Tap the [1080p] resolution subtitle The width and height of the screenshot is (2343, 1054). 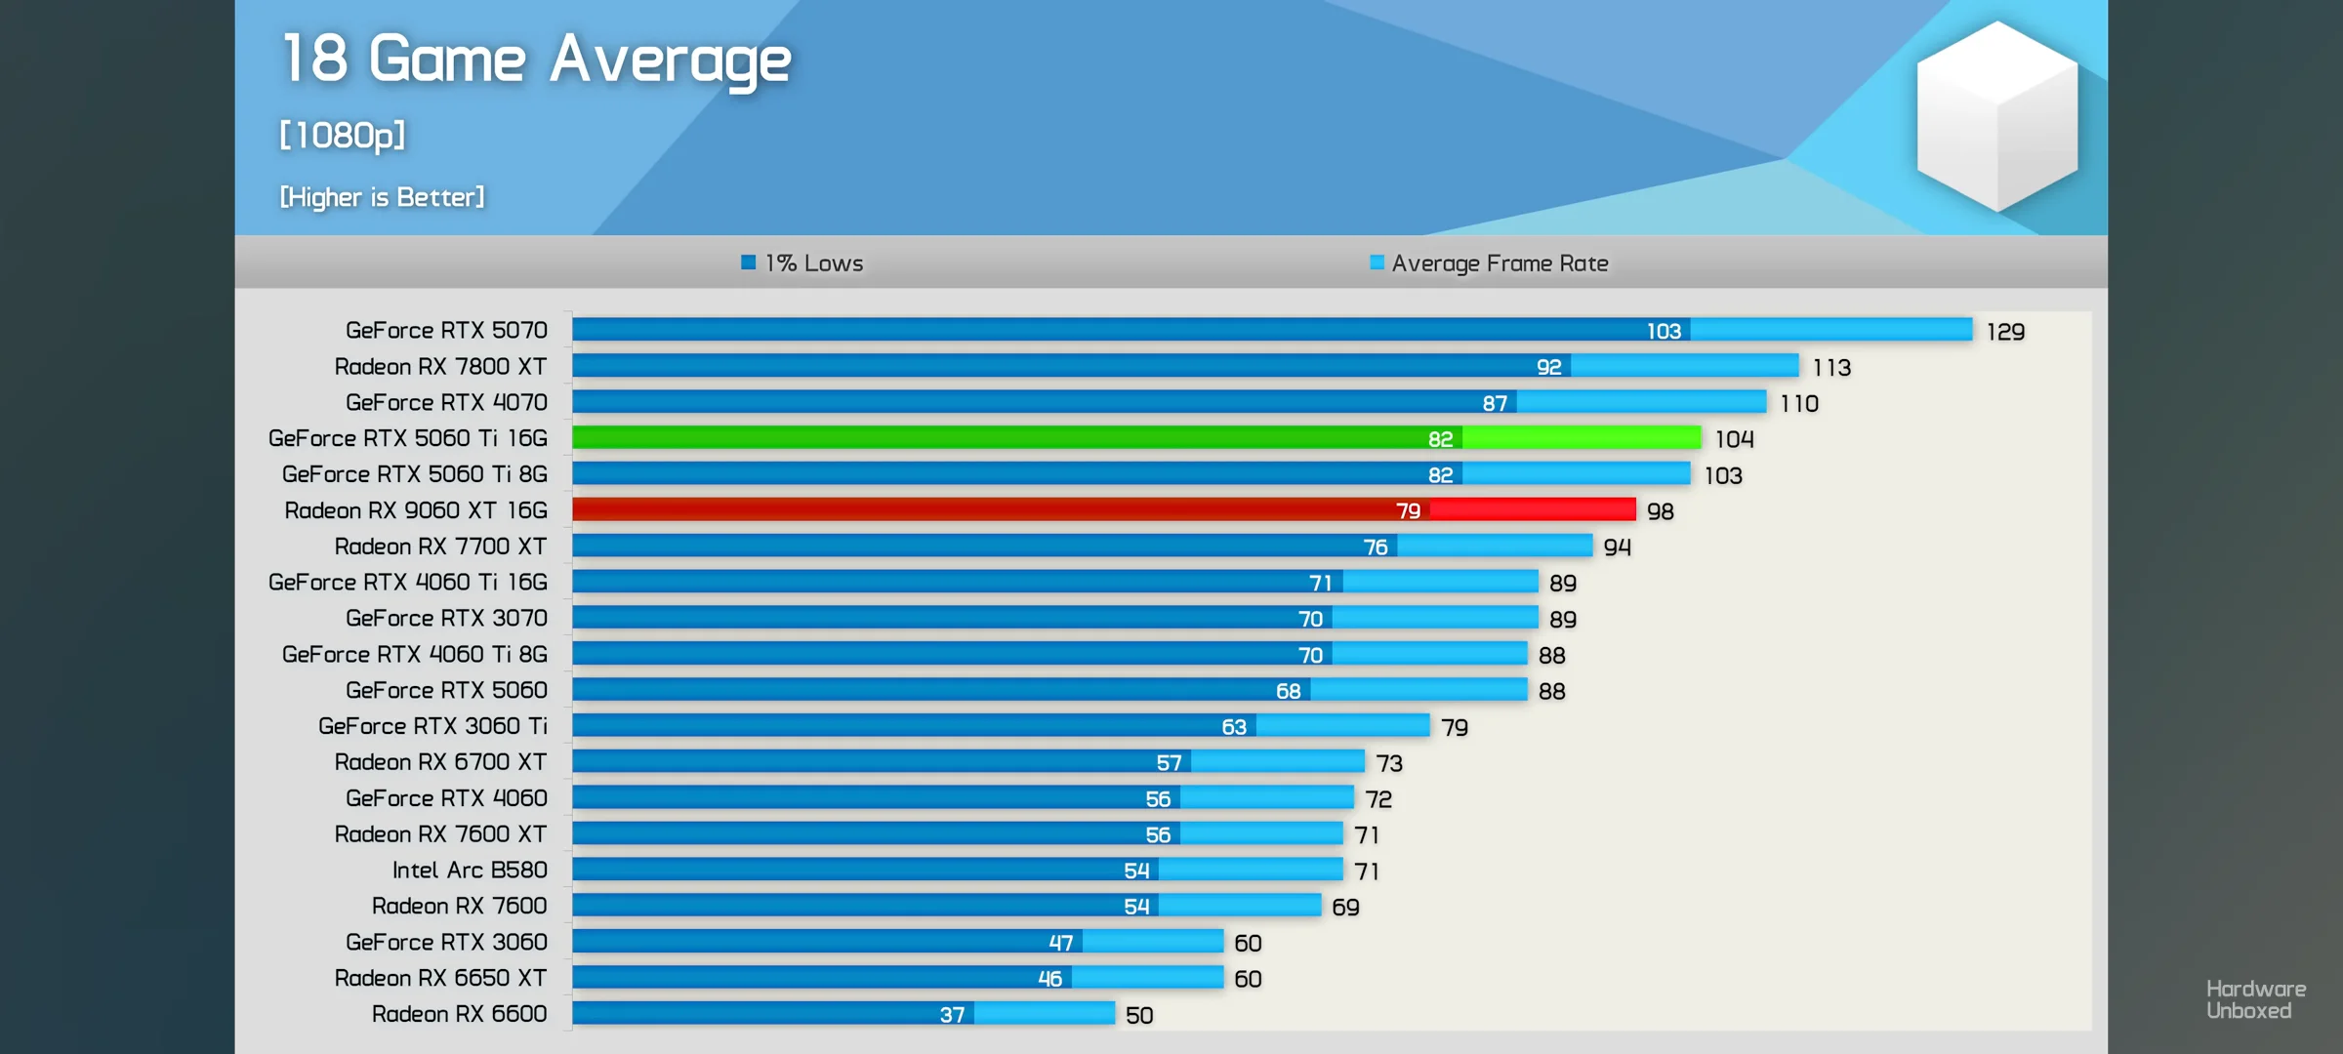point(343,135)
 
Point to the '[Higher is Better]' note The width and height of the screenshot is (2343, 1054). point(382,197)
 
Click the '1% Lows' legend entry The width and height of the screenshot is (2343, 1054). point(802,263)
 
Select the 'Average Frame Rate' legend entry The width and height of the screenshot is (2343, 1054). point(1490,263)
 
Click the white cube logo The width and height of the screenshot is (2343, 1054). point(1996,115)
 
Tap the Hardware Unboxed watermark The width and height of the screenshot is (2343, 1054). point(2255,999)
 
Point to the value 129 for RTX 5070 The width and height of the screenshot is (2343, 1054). point(2005,332)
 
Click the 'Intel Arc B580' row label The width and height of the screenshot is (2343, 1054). point(470,870)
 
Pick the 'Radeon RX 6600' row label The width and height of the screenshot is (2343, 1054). point(459,1014)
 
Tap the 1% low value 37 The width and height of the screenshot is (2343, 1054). point(952,1015)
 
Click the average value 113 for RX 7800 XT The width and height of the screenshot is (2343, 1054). point(1831,367)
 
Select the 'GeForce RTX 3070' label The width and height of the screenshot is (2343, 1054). point(446,618)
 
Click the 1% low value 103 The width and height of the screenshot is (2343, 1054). point(1664,331)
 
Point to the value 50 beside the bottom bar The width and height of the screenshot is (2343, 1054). point(1139,1015)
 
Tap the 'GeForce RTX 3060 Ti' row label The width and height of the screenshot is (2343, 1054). point(432,726)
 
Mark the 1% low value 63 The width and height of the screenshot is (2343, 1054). point(1234,727)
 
